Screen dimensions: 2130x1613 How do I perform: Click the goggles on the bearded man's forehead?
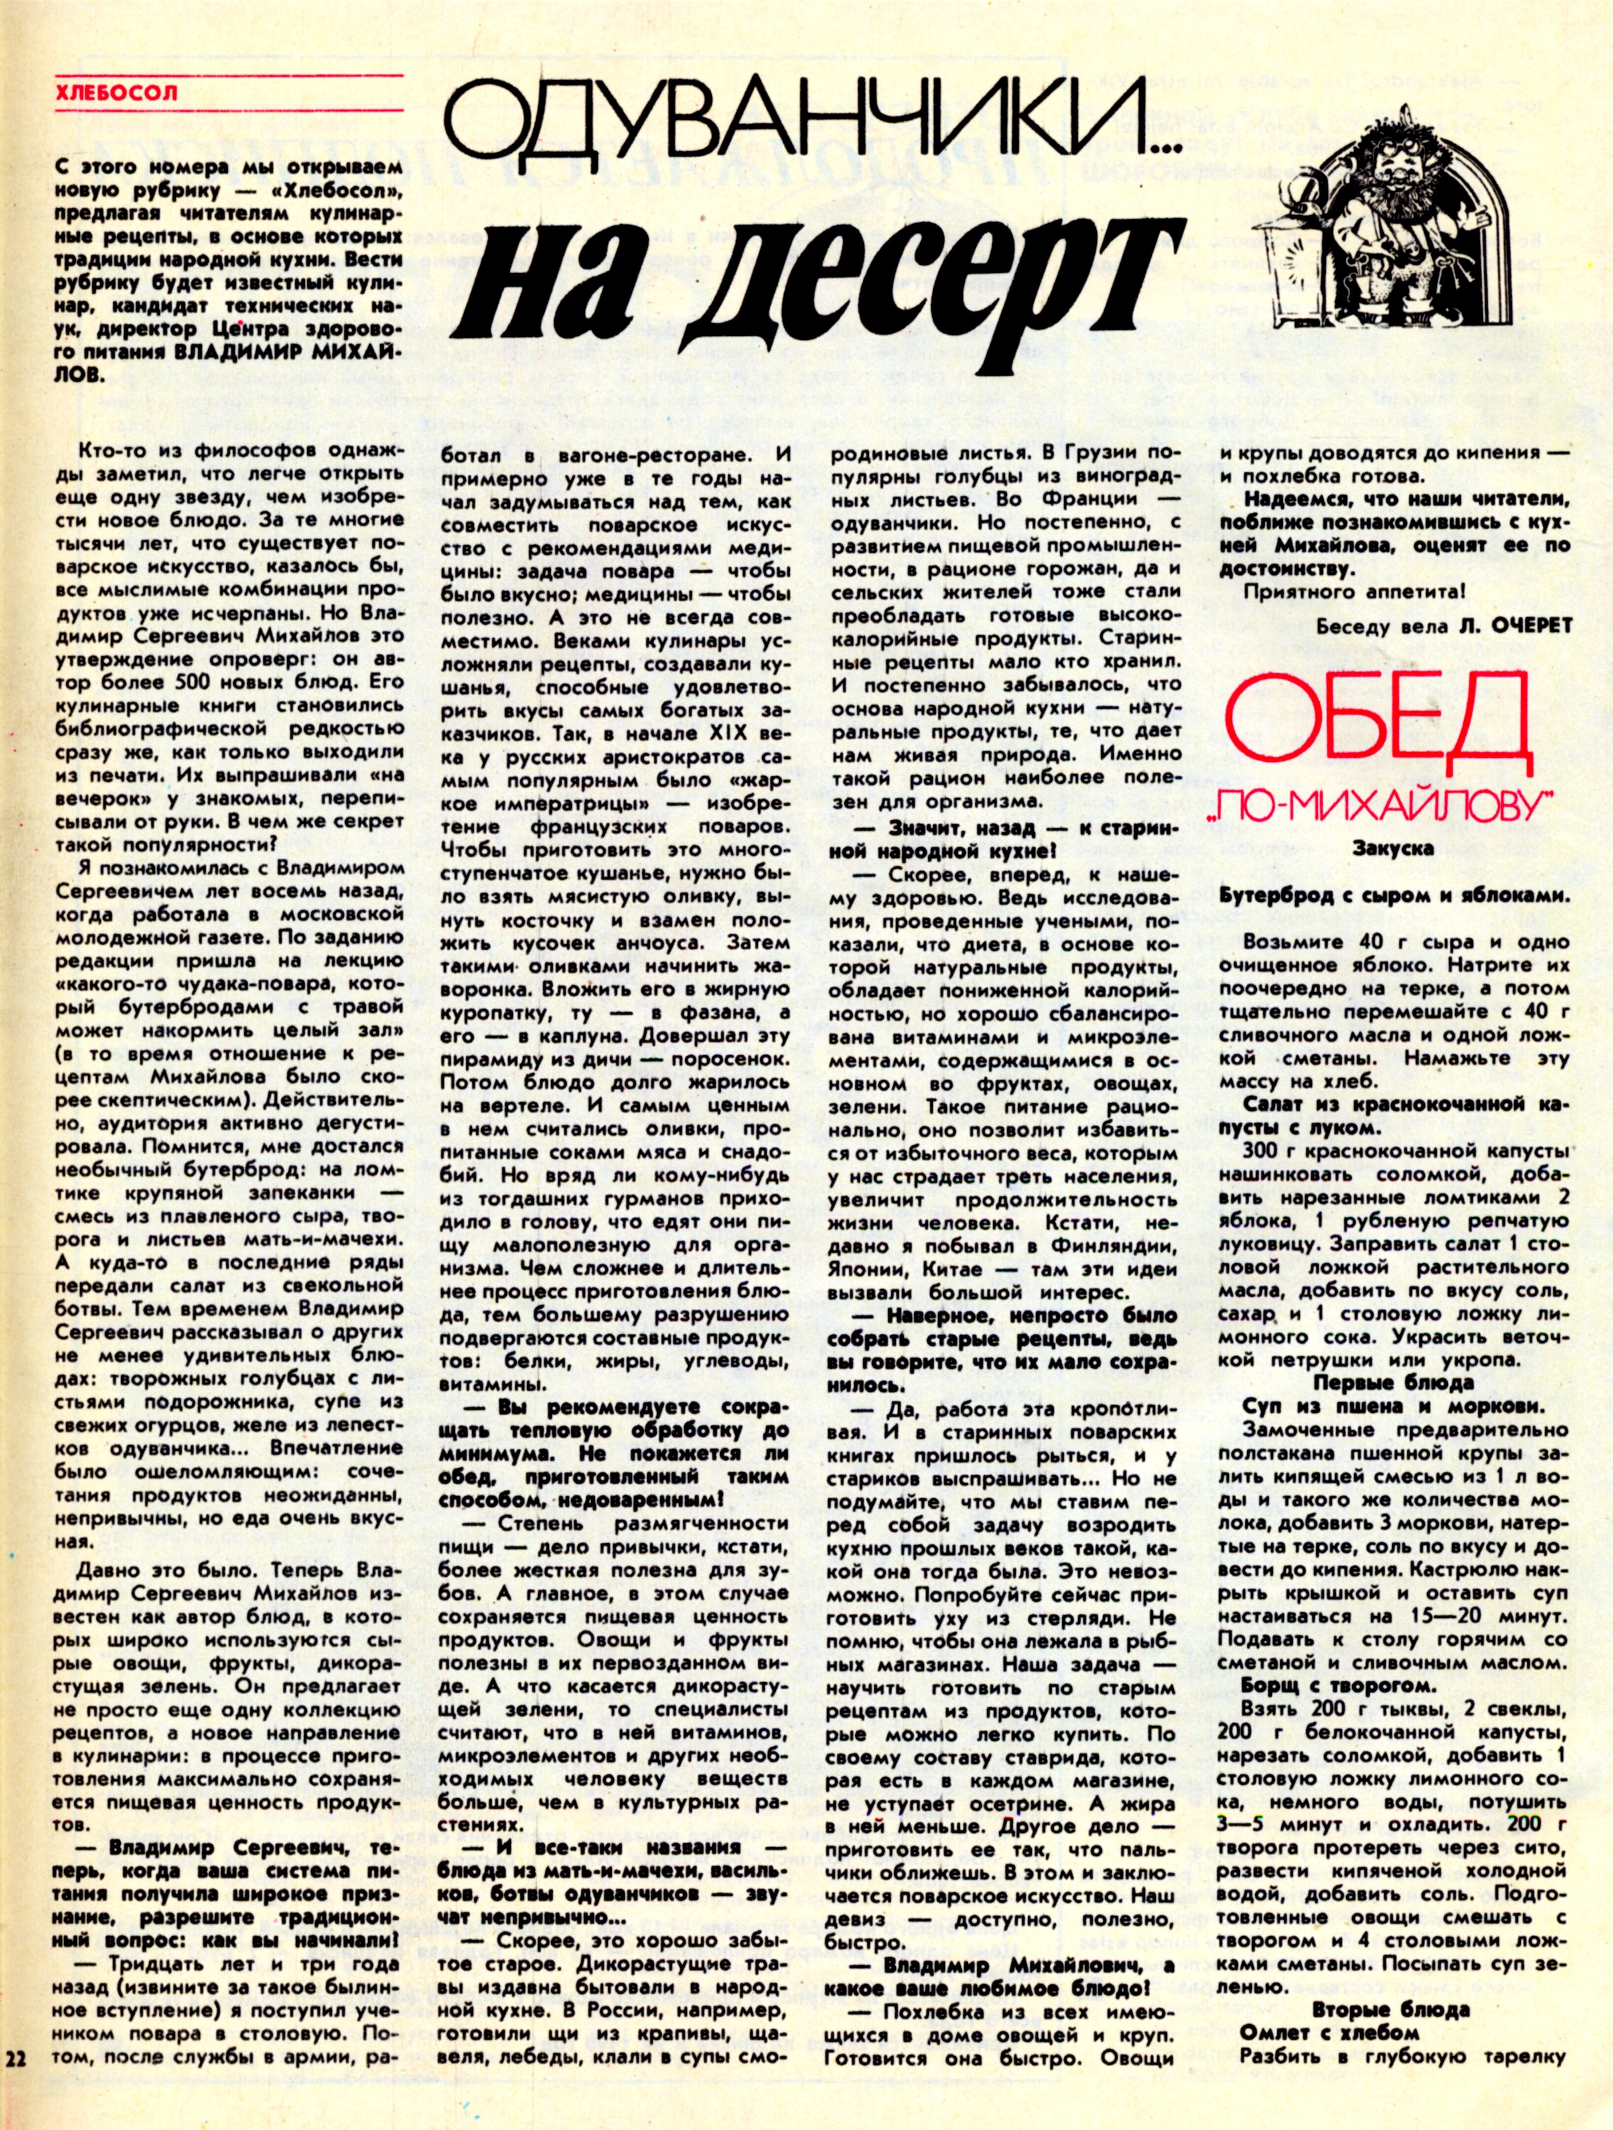(x=1396, y=135)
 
